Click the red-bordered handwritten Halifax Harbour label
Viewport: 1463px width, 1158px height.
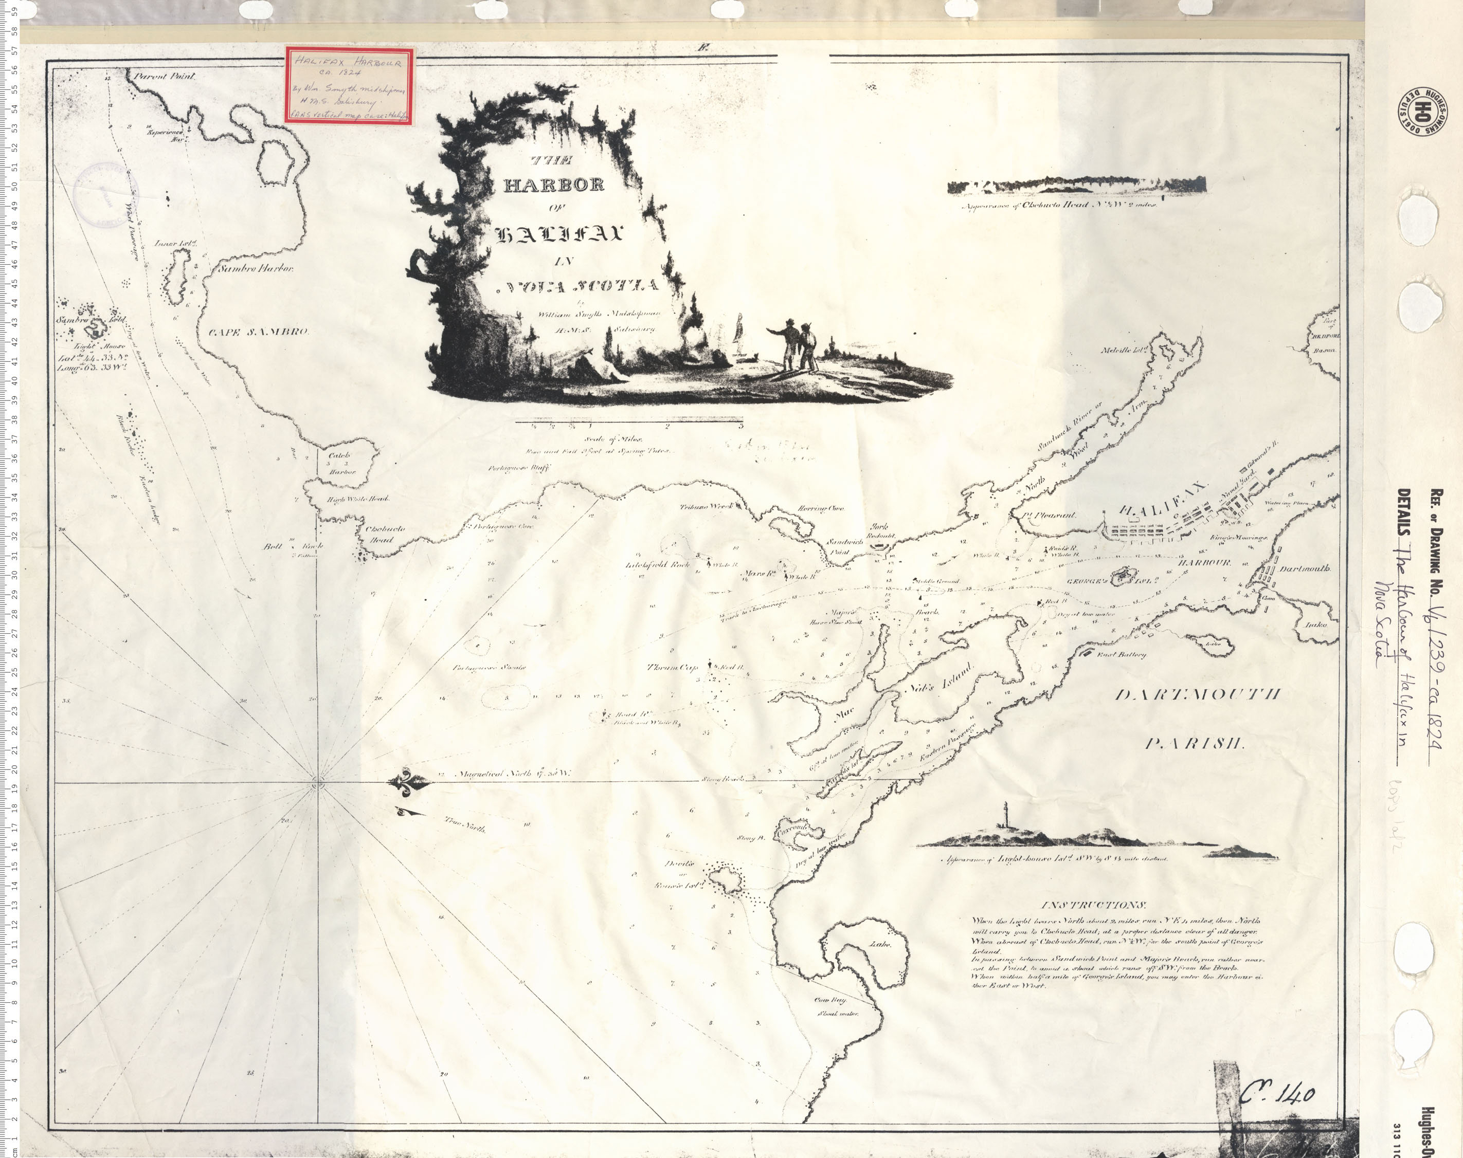[x=349, y=85]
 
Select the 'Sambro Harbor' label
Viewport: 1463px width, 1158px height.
[x=256, y=268]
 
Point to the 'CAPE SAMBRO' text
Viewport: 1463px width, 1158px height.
[x=259, y=332]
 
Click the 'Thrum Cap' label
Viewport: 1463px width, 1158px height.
[x=672, y=667]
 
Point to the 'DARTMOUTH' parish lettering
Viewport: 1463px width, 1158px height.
[x=1198, y=695]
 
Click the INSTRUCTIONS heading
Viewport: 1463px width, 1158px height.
[x=1093, y=905]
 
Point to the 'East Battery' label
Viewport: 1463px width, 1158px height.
[x=1121, y=654]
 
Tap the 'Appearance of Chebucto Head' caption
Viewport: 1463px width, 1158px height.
[x=1058, y=205]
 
